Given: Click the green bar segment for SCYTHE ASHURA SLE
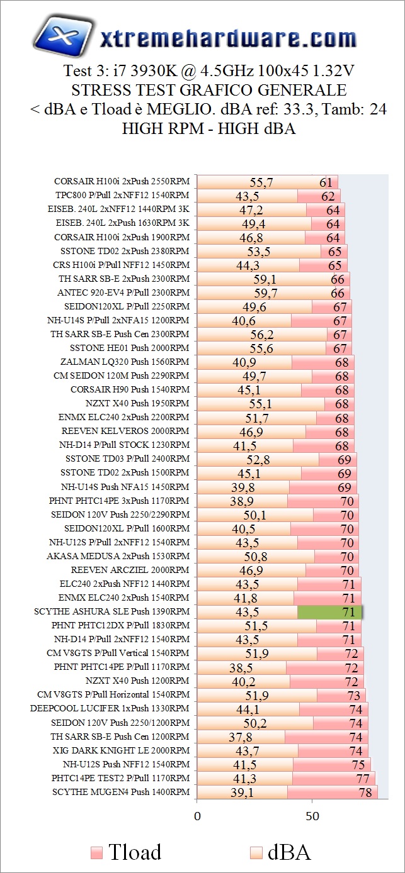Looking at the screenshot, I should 329,612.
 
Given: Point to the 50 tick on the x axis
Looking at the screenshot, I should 312,816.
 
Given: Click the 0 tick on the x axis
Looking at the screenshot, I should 197,816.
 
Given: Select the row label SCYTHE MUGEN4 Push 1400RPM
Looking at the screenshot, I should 121,792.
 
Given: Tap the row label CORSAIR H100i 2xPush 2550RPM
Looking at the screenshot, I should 122,182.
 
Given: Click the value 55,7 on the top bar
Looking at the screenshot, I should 261,182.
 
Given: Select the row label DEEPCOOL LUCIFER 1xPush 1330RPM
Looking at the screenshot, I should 110,708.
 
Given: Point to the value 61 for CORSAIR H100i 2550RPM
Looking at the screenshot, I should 326,182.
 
